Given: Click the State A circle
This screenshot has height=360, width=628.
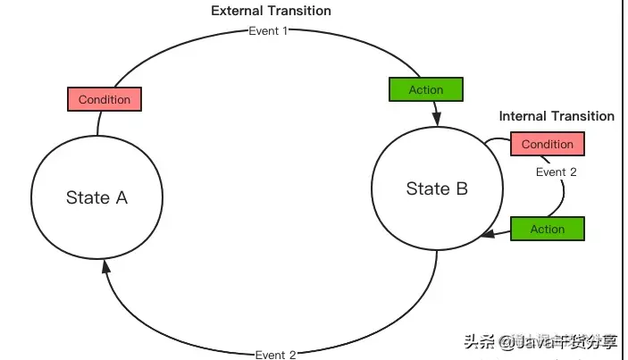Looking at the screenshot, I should pyautogui.click(x=96, y=197).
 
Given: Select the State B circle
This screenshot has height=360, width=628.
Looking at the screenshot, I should pyautogui.click(x=437, y=188).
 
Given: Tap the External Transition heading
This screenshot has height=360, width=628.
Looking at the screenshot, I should pyautogui.click(x=271, y=11).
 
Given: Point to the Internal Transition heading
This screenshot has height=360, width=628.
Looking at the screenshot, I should pyautogui.click(x=557, y=116).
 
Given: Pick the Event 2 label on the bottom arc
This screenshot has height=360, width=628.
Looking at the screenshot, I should pyautogui.click(x=275, y=355).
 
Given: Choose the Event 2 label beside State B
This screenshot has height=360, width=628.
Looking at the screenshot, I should pyautogui.click(x=556, y=172).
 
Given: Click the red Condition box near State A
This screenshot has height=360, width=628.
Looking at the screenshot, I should pyautogui.click(x=105, y=99).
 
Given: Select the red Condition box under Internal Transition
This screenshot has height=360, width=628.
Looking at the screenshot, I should pyautogui.click(x=547, y=144).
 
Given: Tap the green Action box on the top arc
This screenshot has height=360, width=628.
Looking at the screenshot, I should pyautogui.click(x=426, y=89).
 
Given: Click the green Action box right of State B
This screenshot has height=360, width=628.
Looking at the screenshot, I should pyautogui.click(x=547, y=229).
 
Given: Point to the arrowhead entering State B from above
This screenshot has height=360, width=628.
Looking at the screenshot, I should pyautogui.click(x=437, y=118).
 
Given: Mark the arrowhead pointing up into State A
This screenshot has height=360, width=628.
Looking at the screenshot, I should pyautogui.click(x=106, y=265).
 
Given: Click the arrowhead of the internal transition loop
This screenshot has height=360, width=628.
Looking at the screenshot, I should pyautogui.click(x=488, y=234).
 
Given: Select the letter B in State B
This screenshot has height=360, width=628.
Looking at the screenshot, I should pyautogui.click(x=461, y=188).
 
